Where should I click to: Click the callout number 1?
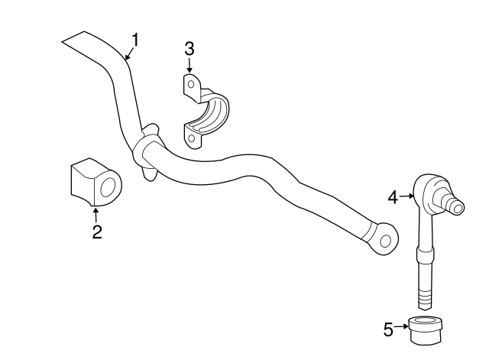[135, 38]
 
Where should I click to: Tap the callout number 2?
[97, 232]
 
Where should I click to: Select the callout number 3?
[189, 50]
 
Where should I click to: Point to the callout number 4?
[393, 197]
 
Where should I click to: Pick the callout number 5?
[388, 329]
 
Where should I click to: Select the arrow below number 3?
[189, 67]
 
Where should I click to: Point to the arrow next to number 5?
[402, 329]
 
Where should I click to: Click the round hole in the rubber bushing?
[108, 186]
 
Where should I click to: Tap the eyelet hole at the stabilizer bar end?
[386, 242]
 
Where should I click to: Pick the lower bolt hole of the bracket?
[191, 138]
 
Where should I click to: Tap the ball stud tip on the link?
[455, 206]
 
